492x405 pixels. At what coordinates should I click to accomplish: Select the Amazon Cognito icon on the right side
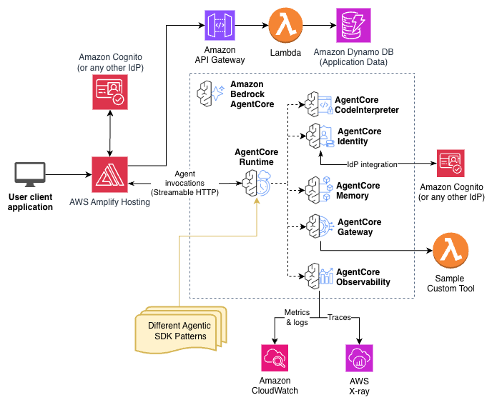[x=451, y=164]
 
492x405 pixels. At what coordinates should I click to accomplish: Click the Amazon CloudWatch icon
[x=274, y=357]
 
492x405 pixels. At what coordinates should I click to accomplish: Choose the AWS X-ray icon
[x=359, y=357]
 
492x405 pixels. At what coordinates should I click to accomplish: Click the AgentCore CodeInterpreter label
[x=367, y=105]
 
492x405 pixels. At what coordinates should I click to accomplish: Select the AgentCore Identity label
[x=359, y=136]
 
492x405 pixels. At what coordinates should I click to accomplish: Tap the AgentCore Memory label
[x=358, y=191]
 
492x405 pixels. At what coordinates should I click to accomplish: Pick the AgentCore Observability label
[x=363, y=277]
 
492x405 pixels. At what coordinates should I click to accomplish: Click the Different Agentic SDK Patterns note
[x=179, y=331]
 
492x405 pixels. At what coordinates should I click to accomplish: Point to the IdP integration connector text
[x=372, y=164]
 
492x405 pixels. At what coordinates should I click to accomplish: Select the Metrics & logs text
[x=297, y=317]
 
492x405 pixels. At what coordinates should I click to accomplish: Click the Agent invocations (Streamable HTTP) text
[x=184, y=184]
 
